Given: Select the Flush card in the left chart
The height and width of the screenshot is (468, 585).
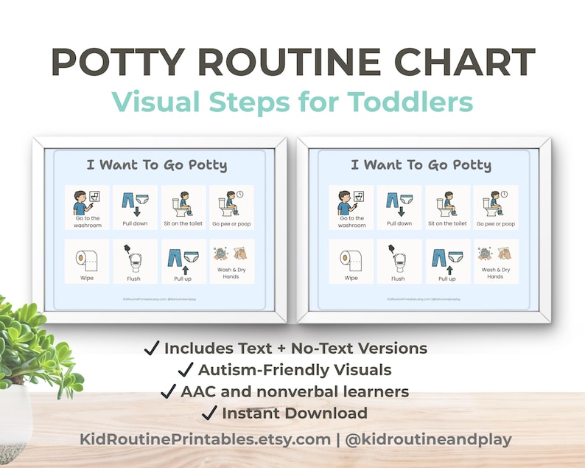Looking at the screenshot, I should tap(134, 262).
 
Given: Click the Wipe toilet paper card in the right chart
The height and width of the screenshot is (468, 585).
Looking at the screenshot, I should tap(351, 262).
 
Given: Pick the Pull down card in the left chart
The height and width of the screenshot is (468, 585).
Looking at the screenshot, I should tap(134, 208).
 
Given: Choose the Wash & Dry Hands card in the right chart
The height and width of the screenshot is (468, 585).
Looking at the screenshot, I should tap(495, 262).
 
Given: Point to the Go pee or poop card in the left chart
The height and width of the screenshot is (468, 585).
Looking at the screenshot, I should tap(231, 208).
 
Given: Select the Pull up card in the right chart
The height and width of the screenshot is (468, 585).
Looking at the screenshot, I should tap(446, 262).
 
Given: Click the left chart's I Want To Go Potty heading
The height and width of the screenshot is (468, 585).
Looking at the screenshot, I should tap(156, 164).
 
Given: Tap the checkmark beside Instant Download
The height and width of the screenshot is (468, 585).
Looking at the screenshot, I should tap(209, 413).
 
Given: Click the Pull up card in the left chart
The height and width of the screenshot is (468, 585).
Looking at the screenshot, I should tap(183, 262).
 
